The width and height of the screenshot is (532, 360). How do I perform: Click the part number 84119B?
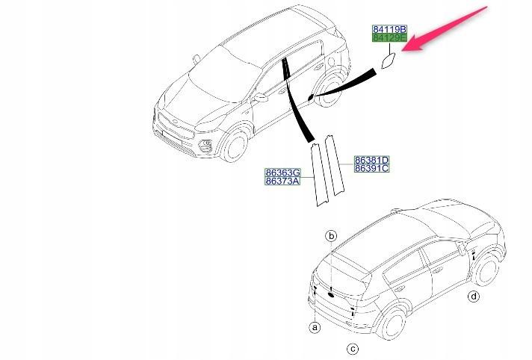pos(389,29)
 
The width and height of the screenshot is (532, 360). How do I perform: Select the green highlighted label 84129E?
pos(389,37)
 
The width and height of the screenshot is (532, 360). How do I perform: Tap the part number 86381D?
pos(372,160)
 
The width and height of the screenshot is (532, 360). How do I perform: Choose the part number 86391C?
pos(372,168)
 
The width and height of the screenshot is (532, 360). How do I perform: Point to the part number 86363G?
pos(282,173)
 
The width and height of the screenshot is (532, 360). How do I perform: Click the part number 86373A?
pos(282,181)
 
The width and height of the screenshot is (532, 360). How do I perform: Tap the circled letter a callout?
pos(315,327)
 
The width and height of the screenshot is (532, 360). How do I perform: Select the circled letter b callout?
pos(331,236)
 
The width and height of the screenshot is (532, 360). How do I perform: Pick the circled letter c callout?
pos(353,349)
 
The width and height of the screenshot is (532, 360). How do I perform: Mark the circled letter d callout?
pos(474,297)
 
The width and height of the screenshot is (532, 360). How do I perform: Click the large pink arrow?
pos(445,29)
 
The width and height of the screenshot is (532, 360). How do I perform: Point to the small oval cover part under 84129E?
pos(388,60)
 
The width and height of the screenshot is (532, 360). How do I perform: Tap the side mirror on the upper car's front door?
pos(261,98)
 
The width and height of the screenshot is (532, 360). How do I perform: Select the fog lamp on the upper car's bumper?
pos(205,146)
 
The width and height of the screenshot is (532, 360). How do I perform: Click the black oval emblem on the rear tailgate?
pos(331,295)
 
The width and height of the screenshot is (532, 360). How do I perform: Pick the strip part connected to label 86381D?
pos(335,165)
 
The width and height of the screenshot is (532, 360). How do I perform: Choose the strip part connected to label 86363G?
pos(319,175)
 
